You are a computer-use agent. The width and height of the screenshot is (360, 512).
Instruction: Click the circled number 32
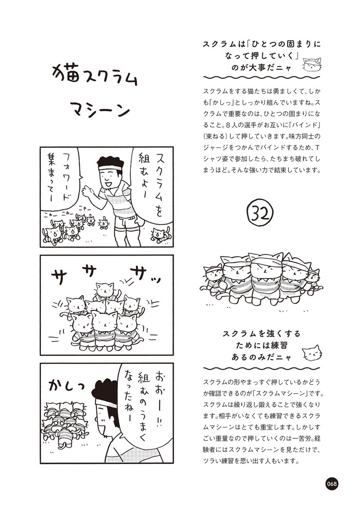point(261,214)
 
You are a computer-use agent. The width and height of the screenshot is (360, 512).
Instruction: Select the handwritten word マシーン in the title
point(100,109)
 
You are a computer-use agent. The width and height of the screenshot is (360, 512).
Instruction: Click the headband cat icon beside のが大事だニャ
point(312,64)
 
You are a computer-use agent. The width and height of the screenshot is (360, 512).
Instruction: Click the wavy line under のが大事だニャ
point(261,78)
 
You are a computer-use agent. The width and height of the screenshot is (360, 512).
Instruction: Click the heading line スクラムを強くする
point(261,334)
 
